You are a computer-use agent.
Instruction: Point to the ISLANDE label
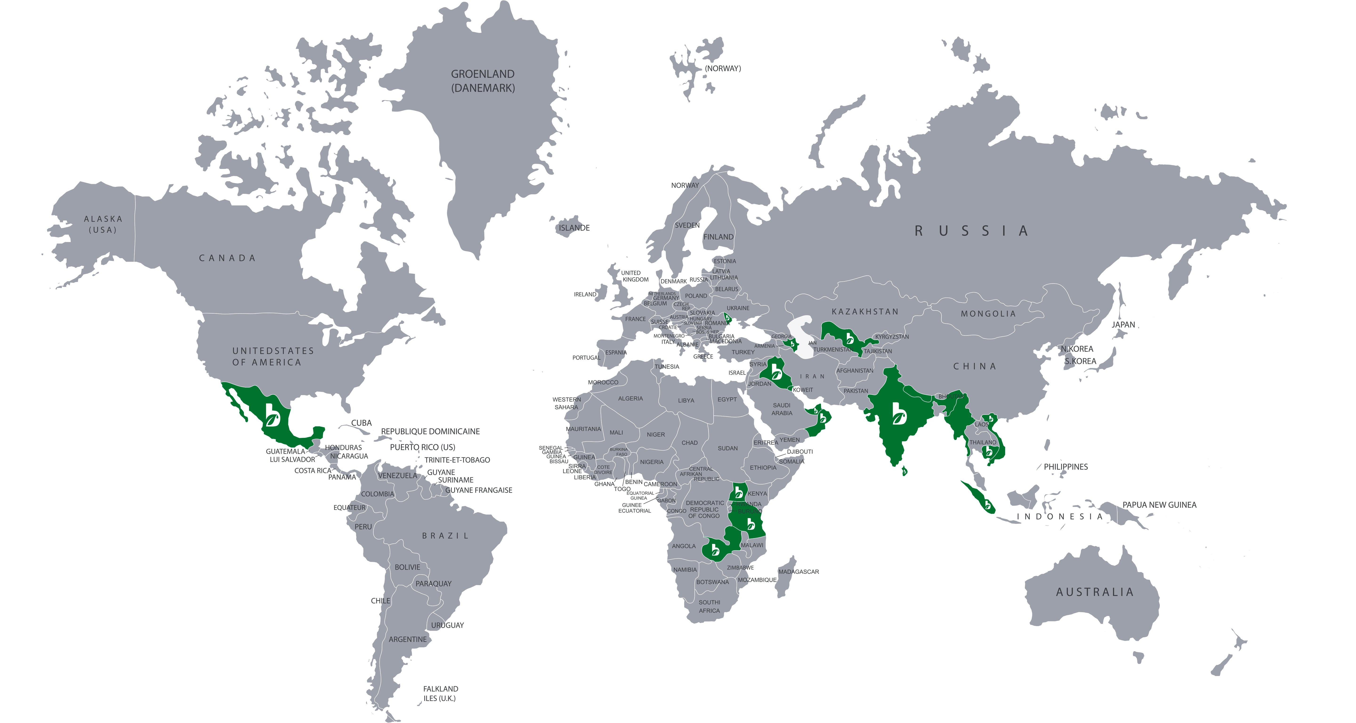click(574, 228)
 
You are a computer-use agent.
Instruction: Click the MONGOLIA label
click(988, 314)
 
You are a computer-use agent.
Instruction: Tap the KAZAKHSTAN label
click(865, 312)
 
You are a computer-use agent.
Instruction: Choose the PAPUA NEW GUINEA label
click(1159, 505)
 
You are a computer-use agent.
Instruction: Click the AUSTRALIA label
click(1095, 592)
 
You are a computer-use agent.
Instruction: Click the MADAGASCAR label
click(799, 571)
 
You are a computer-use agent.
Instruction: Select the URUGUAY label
click(448, 625)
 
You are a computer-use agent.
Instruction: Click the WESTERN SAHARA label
click(566, 403)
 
